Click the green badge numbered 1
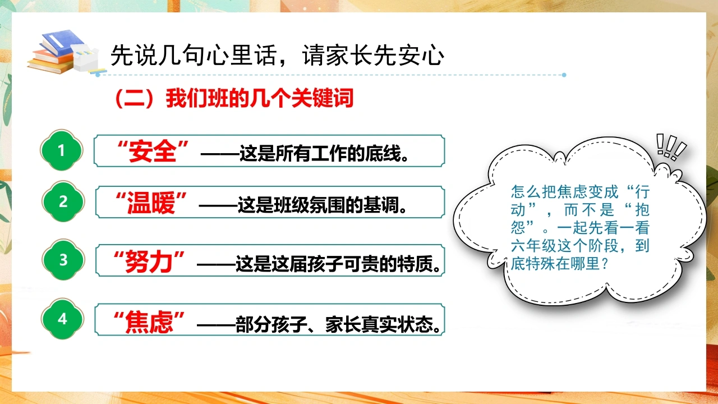point(62,150)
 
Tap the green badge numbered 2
point(63,201)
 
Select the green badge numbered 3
point(63,259)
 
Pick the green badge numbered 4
point(62,318)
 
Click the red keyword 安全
point(152,151)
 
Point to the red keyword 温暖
point(151,203)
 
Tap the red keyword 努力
point(149,261)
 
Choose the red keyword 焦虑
point(149,322)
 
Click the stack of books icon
point(66,52)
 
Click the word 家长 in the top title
point(349,55)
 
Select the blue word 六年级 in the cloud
point(533,246)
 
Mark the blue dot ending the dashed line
point(564,75)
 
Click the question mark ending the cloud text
point(605,264)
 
